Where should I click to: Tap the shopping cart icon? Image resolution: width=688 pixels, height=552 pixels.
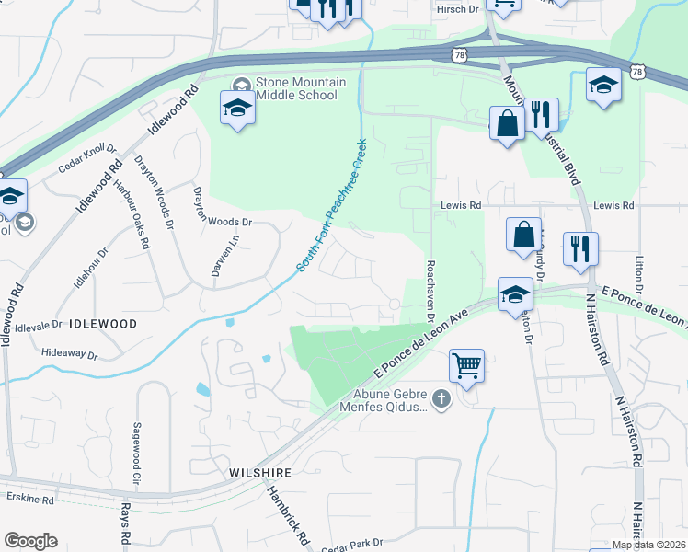[x=466, y=365]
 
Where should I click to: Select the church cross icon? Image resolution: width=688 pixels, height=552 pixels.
[x=441, y=399]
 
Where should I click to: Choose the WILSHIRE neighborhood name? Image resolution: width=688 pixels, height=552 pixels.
[x=260, y=472]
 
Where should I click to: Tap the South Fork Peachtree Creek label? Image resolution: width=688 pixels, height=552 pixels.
[x=332, y=205]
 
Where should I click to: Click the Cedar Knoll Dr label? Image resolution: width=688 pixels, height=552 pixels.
[x=88, y=159]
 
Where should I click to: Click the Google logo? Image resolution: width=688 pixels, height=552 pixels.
[x=30, y=541]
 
